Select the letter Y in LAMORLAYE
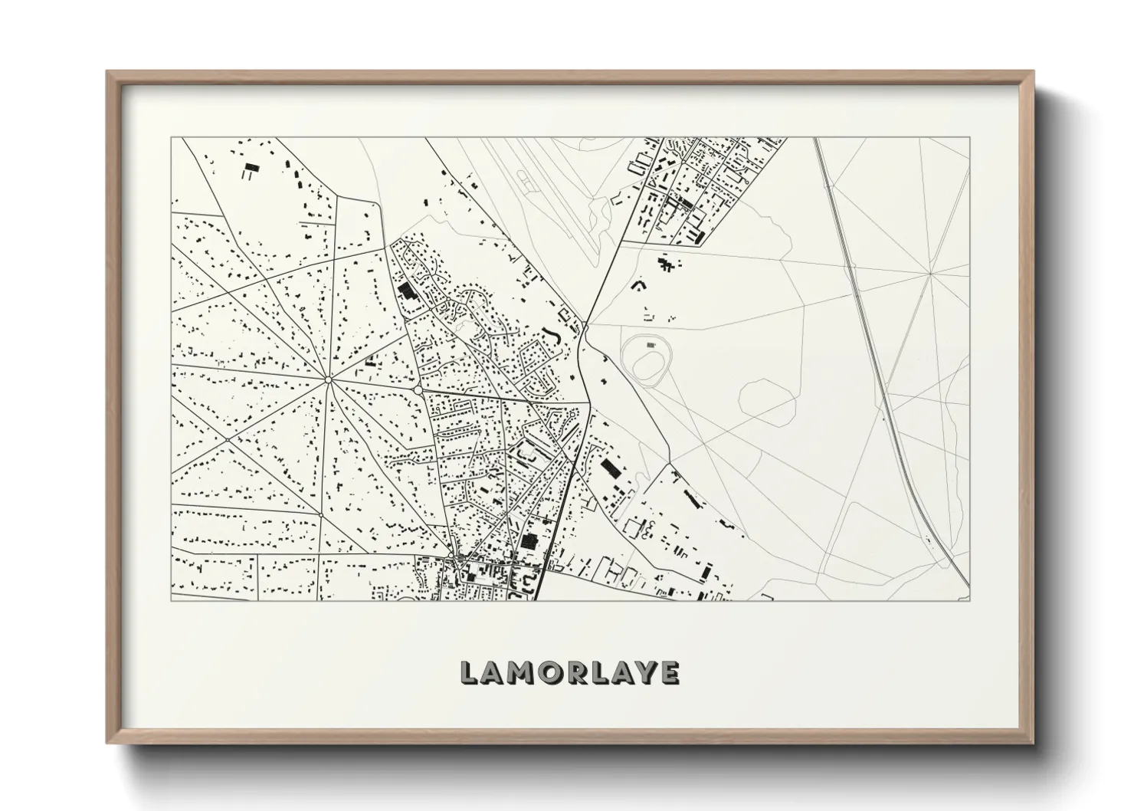coord(642,672)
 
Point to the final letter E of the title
coord(668,672)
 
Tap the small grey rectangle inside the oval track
coord(651,346)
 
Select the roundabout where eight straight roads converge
coord(327,379)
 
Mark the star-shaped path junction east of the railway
coord(929,273)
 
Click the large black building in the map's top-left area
coord(250,170)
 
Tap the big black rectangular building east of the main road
coord(610,467)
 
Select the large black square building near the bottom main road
coord(529,540)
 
